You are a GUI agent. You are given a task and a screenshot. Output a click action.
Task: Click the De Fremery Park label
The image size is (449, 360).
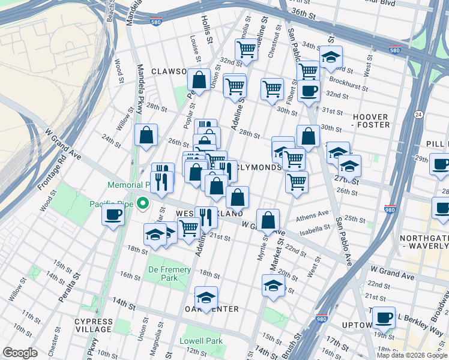(x=170, y=274)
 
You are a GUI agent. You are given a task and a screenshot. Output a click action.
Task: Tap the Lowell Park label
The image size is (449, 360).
(x=201, y=341)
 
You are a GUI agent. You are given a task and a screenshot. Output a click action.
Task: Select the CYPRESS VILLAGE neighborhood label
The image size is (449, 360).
(x=93, y=325)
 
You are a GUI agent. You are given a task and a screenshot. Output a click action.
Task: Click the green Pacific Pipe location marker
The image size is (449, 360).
(x=142, y=203)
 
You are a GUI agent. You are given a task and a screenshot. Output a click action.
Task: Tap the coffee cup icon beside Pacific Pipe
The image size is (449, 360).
(x=112, y=215)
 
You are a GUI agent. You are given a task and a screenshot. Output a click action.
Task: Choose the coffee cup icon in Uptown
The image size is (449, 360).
(x=384, y=317)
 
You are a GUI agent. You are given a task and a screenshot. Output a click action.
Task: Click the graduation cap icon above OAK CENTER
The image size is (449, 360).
(x=206, y=297)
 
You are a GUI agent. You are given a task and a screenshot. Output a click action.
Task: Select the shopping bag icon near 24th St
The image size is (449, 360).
(x=146, y=136)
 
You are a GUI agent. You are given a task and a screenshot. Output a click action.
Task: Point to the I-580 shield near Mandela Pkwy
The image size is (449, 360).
(x=155, y=21)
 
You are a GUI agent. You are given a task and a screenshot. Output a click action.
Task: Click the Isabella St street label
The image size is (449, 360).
(x=316, y=228)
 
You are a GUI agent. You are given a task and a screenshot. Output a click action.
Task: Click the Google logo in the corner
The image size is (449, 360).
(x=20, y=353)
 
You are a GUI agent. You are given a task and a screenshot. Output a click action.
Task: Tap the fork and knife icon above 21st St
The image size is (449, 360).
(x=206, y=217)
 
